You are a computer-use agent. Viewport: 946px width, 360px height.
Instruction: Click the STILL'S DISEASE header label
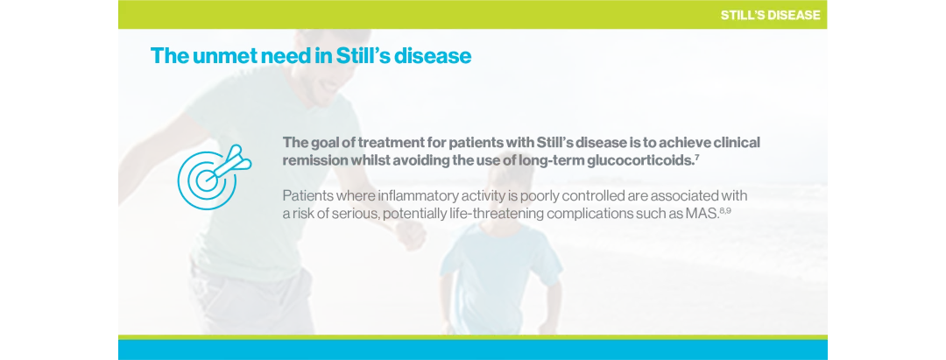770,15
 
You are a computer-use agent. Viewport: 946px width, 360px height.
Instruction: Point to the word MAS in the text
702,213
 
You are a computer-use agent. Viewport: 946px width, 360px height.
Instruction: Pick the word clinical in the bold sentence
731,142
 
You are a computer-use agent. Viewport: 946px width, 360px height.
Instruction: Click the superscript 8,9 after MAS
724,209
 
